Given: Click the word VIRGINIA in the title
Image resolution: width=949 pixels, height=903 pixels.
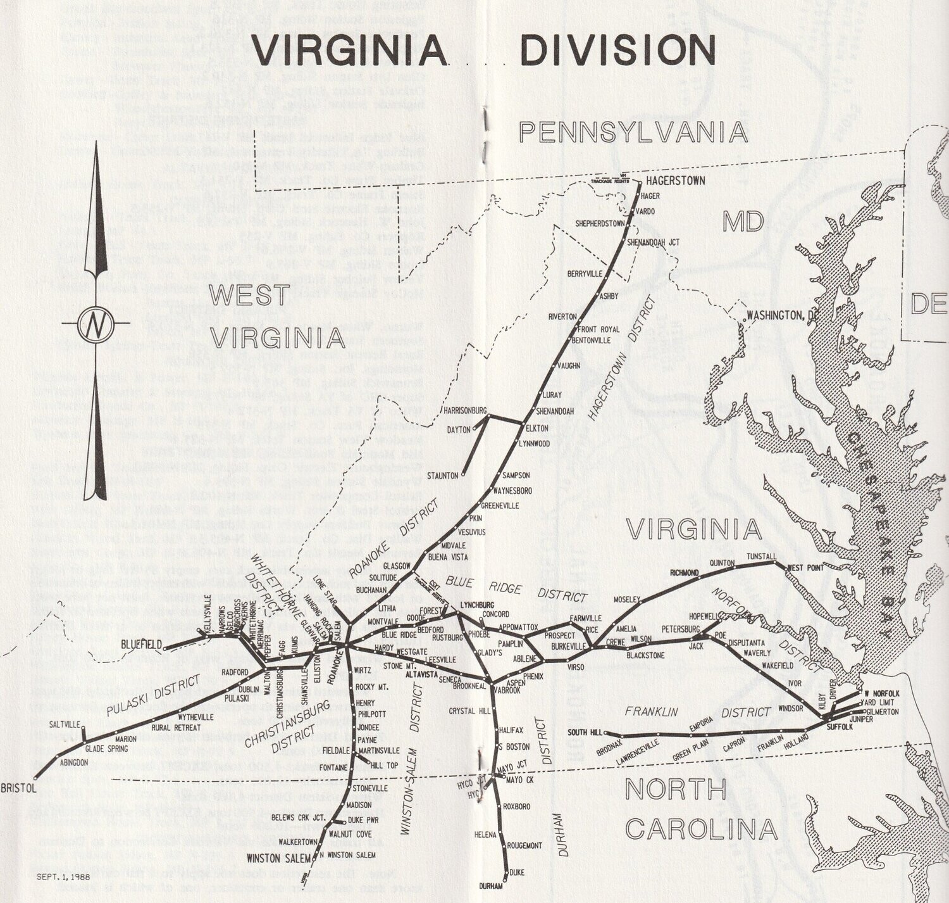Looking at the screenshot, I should [x=350, y=49].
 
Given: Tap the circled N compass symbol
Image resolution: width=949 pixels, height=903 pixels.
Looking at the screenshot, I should [x=96, y=325].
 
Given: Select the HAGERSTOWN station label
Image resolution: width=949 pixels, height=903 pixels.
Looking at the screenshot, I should [x=676, y=181].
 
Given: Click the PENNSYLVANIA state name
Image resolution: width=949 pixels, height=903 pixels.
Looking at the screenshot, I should [x=633, y=132].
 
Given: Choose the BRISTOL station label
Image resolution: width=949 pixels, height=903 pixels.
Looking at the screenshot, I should [x=18, y=789].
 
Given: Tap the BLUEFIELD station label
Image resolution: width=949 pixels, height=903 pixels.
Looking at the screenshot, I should [x=141, y=645].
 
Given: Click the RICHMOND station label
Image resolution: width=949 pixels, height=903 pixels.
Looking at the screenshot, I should [x=685, y=573].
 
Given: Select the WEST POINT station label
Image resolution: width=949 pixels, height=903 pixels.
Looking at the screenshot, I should [x=805, y=568].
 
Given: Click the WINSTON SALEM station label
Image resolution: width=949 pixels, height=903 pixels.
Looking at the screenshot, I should [x=279, y=859].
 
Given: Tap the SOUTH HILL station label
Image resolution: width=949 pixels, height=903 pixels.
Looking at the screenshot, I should [x=585, y=733].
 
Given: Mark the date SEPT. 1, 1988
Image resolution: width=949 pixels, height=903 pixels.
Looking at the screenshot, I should [x=63, y=877].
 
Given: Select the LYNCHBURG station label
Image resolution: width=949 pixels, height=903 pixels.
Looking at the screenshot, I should [x=478, y=605].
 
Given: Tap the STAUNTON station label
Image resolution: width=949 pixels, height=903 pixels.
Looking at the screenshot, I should [x=442, y=475].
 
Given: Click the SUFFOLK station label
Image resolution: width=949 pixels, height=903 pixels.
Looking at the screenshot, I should [x=840, y=727].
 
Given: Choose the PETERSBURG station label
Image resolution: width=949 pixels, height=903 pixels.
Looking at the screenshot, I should [x=681, y=629].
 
